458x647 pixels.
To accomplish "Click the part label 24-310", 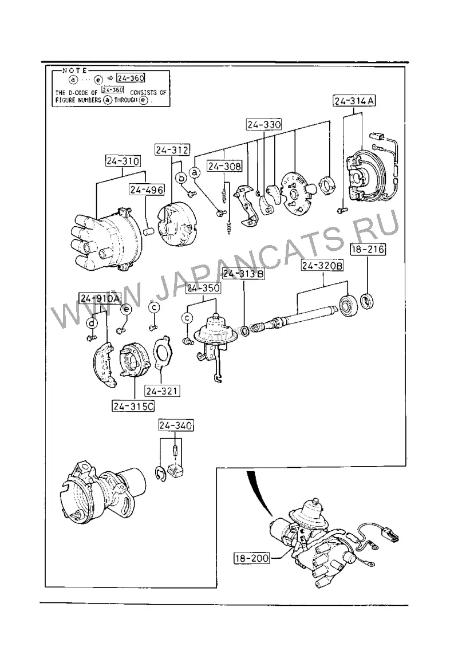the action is (x=123, y=161).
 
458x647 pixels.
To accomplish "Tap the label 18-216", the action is (x=367, y=249).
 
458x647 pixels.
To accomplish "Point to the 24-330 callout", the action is (x=264, y=124).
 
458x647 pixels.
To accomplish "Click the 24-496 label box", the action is (x=147, y=190).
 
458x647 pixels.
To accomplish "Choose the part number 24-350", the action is (x=203, y=287).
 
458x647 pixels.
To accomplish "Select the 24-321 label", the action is (x=162, y=390).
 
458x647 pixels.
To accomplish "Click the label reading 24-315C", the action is (x=133, y=407).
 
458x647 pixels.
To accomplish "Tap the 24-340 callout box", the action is (x=176, y=425).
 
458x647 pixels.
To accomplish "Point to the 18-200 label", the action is (x=251, y=559).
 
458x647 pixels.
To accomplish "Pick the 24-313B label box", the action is (x=243, y=274).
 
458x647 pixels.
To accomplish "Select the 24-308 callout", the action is (x=224, y=166).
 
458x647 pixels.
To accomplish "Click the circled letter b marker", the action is (x=181, y=178).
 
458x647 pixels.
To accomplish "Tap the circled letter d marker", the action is (x=92, y=323).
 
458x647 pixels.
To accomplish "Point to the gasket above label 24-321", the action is (x=164, y=352).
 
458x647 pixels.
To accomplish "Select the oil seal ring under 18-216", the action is (x=368, y=300).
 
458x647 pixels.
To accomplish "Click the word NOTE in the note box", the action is (x=74, y=70).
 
